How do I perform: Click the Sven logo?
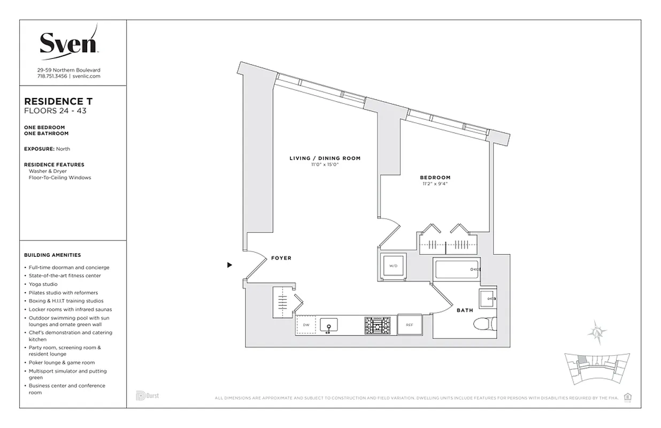[68, 42]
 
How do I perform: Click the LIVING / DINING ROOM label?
[325, 158]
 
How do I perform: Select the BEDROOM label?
[435, 178]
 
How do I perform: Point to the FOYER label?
[281, 258]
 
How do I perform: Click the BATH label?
[465, 310]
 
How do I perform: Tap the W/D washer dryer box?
[393, 265]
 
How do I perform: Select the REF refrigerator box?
[410, 325]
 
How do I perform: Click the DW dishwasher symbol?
[306, 325]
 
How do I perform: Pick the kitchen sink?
[329, 325]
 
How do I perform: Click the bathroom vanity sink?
[488, 299]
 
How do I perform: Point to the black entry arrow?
[229, 265]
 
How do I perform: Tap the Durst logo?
[148, 396]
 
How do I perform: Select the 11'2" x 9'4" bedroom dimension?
[435, 185]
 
